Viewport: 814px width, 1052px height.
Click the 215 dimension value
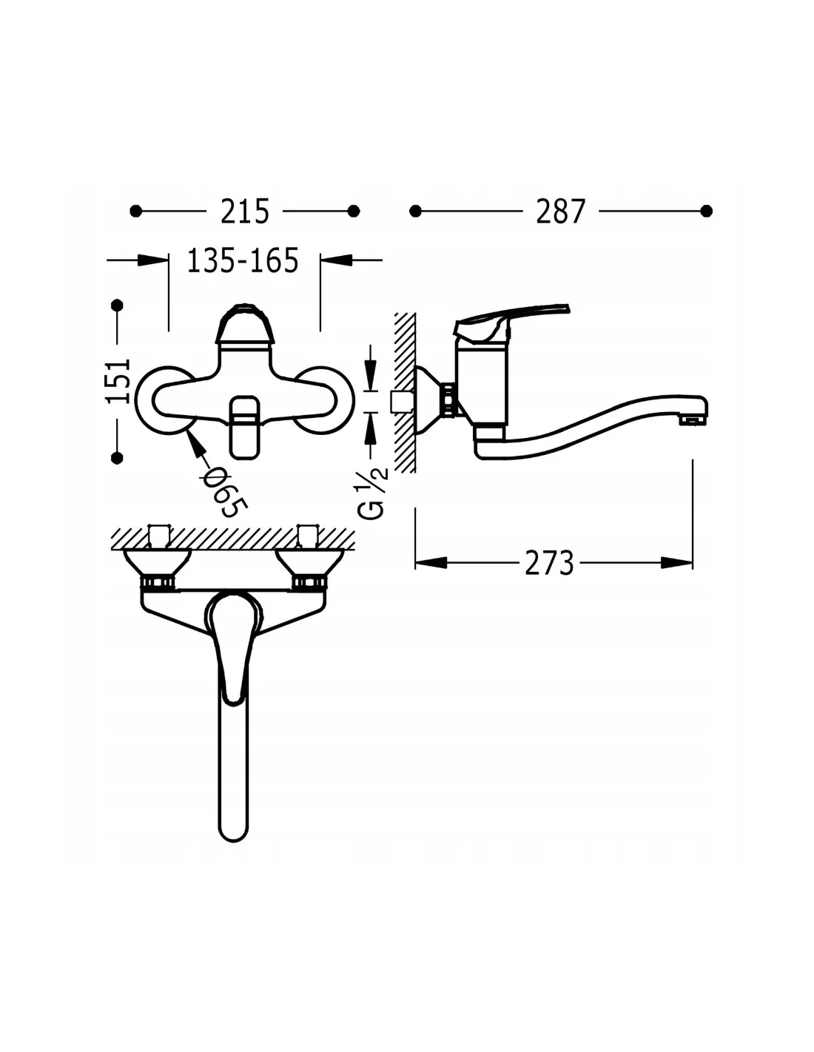244,212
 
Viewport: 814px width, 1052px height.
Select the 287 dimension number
561,212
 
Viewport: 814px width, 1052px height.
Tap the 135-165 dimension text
243,260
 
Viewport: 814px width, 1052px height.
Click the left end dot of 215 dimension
136,211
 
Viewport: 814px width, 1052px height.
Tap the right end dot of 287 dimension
707,211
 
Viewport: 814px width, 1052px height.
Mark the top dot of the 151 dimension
117,306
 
